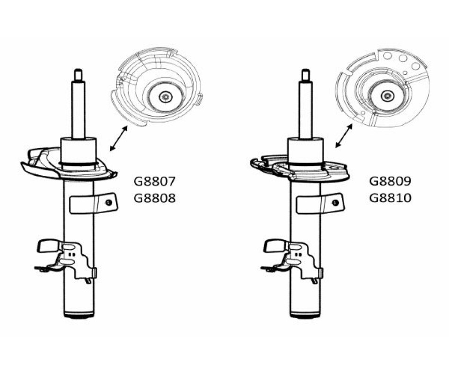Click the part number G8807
(155, 181)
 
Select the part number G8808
(155, 198)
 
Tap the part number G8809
(391, 181)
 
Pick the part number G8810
(391, 198)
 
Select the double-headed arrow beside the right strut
(345, 136)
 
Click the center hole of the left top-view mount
(165, 97)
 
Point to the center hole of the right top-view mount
(387, 96)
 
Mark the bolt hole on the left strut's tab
(108, 203)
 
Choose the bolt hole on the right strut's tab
(335, 203)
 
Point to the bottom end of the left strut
(78, 316)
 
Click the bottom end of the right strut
(305, 316)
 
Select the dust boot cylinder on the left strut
(78, 150)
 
